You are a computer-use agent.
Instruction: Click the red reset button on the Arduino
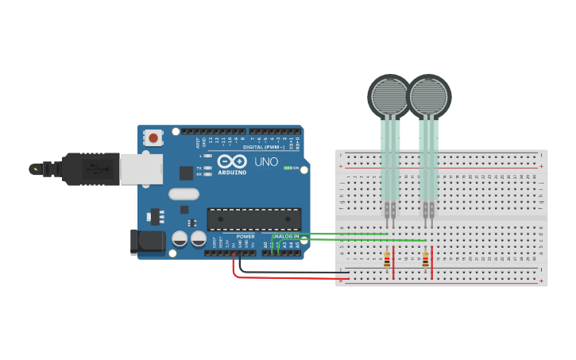coord(153,137)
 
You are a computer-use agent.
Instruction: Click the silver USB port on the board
coord(141,168)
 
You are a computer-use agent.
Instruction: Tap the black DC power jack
coord(147,242)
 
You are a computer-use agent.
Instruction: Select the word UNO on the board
coord(266,162)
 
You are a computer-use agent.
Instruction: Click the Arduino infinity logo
coord(232,161)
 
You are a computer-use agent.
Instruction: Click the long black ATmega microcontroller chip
coord(254,219)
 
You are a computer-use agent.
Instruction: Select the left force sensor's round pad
coord(389,96)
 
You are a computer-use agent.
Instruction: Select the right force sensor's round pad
coord(429,96)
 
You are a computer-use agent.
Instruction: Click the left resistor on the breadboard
coord(387,259)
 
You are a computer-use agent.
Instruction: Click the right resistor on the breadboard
coord(425,259)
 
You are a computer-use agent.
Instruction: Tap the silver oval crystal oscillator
coord(184,193)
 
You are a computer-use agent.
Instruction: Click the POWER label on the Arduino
coord(245,236)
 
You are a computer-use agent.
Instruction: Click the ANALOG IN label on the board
coord(285,236)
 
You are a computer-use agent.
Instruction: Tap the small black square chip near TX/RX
coord(187,172)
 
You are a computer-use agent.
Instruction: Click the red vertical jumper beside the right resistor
coord(431,262)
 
